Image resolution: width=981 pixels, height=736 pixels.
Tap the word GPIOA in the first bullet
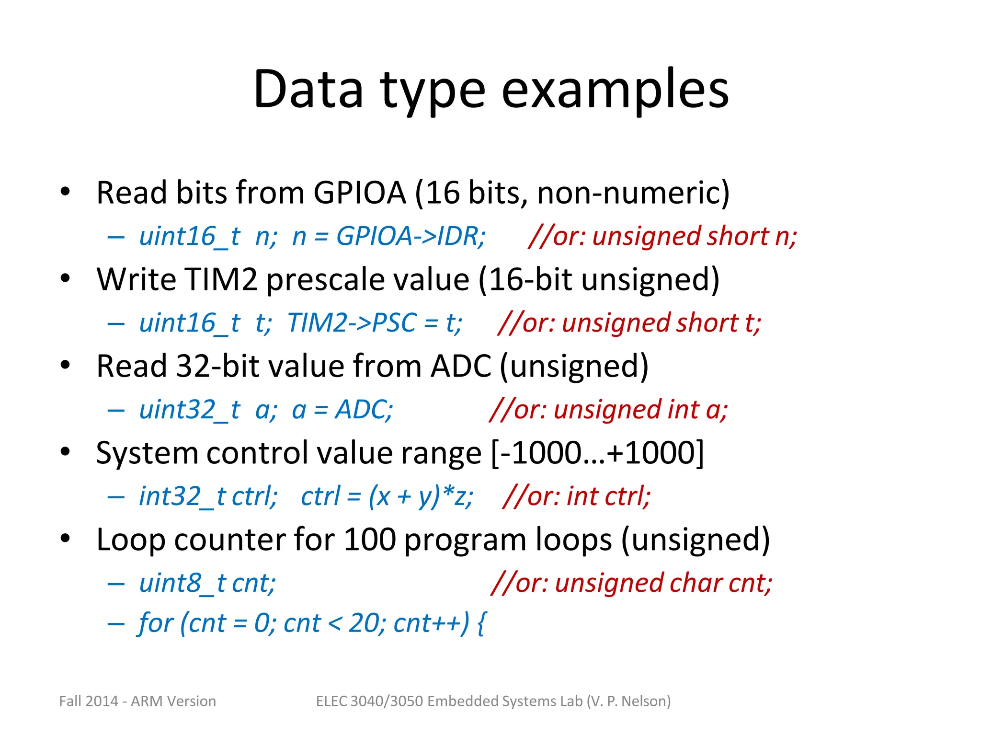click(x=360, y=193)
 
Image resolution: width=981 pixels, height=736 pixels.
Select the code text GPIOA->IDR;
click(x=411, y=236)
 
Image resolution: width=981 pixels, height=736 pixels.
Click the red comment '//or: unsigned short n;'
click(x=662, y=236)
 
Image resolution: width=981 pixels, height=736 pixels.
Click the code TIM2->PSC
click(x=353, y=323)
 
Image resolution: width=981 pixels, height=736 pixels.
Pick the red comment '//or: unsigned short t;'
click(x=629, y=323)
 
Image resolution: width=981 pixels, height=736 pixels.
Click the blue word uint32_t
click(x=189, y=410)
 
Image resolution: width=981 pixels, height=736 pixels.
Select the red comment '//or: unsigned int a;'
click(x=608, y=410)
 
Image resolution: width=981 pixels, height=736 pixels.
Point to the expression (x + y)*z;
click(x=421, y=496)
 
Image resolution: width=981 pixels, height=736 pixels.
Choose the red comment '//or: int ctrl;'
click(x=577, y=496)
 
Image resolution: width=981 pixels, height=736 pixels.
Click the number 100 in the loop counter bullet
click(x=370, y=540)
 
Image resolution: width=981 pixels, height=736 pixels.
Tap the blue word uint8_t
click(x=182, y=583)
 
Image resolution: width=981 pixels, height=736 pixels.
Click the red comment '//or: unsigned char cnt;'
click(x=631, y=583)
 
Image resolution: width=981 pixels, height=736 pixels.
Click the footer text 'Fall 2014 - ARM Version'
click(x=137, y=701)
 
